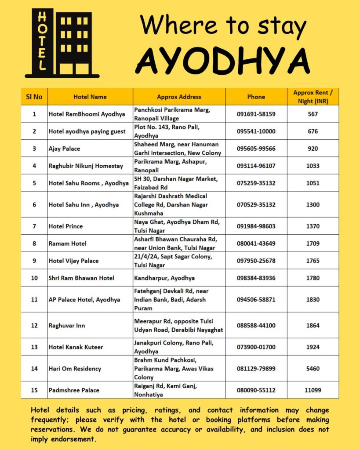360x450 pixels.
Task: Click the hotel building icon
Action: tap(62, 43)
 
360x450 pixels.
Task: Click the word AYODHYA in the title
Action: tap(222, 61)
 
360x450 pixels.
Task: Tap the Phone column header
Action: tap(256, 97)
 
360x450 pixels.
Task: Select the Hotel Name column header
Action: tap(90, 97)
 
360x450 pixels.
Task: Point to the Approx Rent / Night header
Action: tap(313, 97)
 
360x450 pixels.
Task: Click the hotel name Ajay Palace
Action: tap(64, 149)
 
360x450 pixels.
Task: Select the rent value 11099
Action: tap(313, 390)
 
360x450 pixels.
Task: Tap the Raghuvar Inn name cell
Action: tap(67, 326)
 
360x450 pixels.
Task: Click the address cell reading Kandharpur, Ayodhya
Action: tap(164, 278)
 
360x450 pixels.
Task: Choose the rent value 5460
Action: tap(313, 369)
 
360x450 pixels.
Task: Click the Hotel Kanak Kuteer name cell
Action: tap(76, 347)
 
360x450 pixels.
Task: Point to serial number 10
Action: tap(34, 278)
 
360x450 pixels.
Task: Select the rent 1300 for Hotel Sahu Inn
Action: tap(313, 205)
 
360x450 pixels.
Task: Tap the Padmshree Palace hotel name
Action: tap(74, 390)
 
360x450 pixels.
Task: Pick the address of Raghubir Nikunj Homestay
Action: tap(170, 166)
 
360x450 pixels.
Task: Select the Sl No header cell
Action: tap(34, 97)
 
